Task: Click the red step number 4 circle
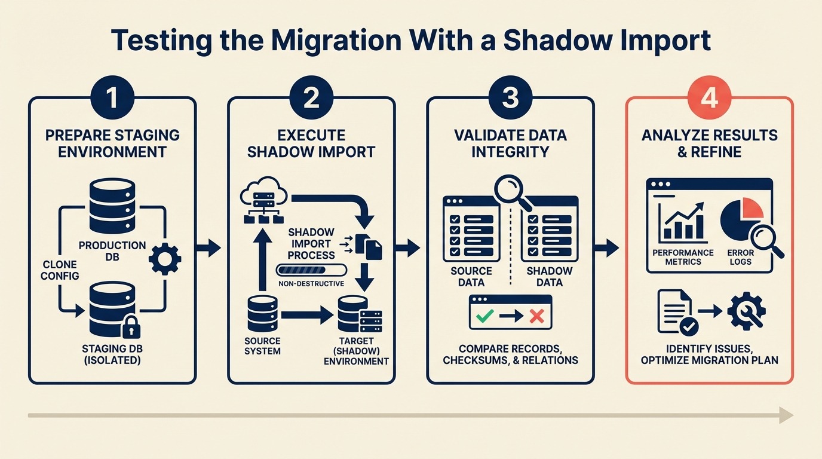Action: (x=709, y=98)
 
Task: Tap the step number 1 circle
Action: (x=112, y=98)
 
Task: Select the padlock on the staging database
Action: (x=131, y=328)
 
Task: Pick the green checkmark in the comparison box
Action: (x=484, y=315)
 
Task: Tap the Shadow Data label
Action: (x=549, y=276)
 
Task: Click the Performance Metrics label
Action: (x=682, y=257)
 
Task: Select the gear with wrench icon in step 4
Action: (x=747, y=311)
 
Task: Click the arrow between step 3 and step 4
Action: (x=609, y=247)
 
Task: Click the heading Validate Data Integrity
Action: (x=510, y=143)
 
